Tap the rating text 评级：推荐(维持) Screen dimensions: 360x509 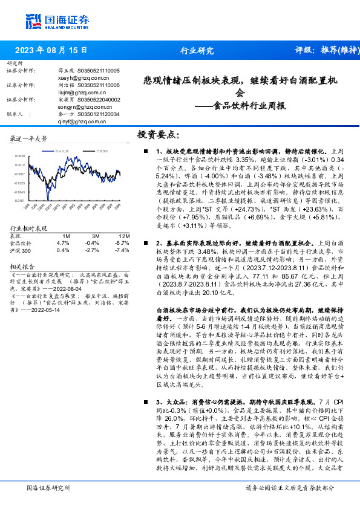tap(325, 51)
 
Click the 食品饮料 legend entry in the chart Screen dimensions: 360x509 tap(61, 151)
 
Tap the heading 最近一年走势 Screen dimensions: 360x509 tap(29, 138)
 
